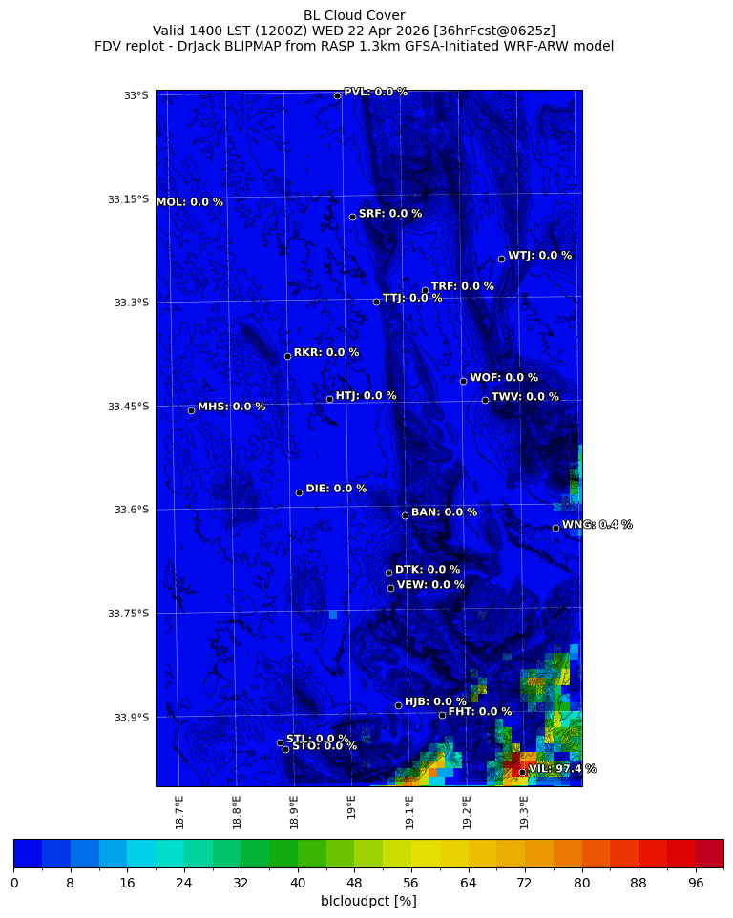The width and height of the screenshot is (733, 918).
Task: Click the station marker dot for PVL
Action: tap(337, 95)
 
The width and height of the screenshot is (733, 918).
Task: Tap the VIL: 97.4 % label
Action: tap(562, 769)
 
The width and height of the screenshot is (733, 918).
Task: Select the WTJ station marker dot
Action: tap(501, 259)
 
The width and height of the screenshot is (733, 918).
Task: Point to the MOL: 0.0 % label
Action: tap(189, 202)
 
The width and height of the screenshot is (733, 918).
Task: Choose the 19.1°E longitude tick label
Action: tap(409, 812)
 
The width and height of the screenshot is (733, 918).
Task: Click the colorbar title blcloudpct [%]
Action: tap(368, 901)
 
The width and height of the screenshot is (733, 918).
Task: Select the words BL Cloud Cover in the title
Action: tap(354, 15)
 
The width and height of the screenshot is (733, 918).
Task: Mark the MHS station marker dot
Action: tap(191, 410)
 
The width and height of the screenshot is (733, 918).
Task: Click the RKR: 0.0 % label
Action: tap(326, 352)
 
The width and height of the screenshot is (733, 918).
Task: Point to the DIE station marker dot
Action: tap(299, 492)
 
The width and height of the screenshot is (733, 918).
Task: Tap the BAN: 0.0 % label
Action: tap(444, 512)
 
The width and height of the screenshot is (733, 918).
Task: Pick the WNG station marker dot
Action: tap(555, 528)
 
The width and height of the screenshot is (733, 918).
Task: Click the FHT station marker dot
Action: tap(442, 715)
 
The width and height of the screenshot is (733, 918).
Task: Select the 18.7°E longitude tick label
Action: tap(179, 812)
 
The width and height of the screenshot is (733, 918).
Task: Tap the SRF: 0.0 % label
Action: tap(389, 214)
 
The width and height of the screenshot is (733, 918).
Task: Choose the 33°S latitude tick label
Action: tap(136, 95)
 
